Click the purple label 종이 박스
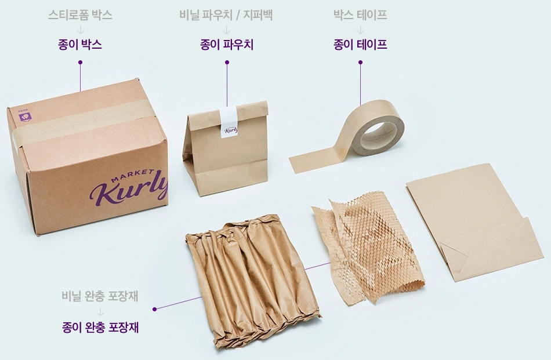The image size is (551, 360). coord(80,45)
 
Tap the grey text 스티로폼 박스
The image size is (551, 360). coord(80,15)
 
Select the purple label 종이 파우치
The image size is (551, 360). coord(227,45)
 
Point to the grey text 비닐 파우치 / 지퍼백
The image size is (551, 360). coord(226,15)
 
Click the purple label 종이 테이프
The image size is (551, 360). coord(360,45)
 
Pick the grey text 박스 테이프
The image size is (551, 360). coord(360,15)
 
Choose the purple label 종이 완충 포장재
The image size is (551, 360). coord(100,328)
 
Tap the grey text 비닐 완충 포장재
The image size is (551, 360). coord(100,296)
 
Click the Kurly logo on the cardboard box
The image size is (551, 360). coord(129,190)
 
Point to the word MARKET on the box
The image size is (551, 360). coord(132,176)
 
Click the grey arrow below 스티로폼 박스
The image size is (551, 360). coord(81,30)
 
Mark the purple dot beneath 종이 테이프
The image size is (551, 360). coord(360,63)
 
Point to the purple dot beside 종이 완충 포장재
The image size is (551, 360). coord(155,309)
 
